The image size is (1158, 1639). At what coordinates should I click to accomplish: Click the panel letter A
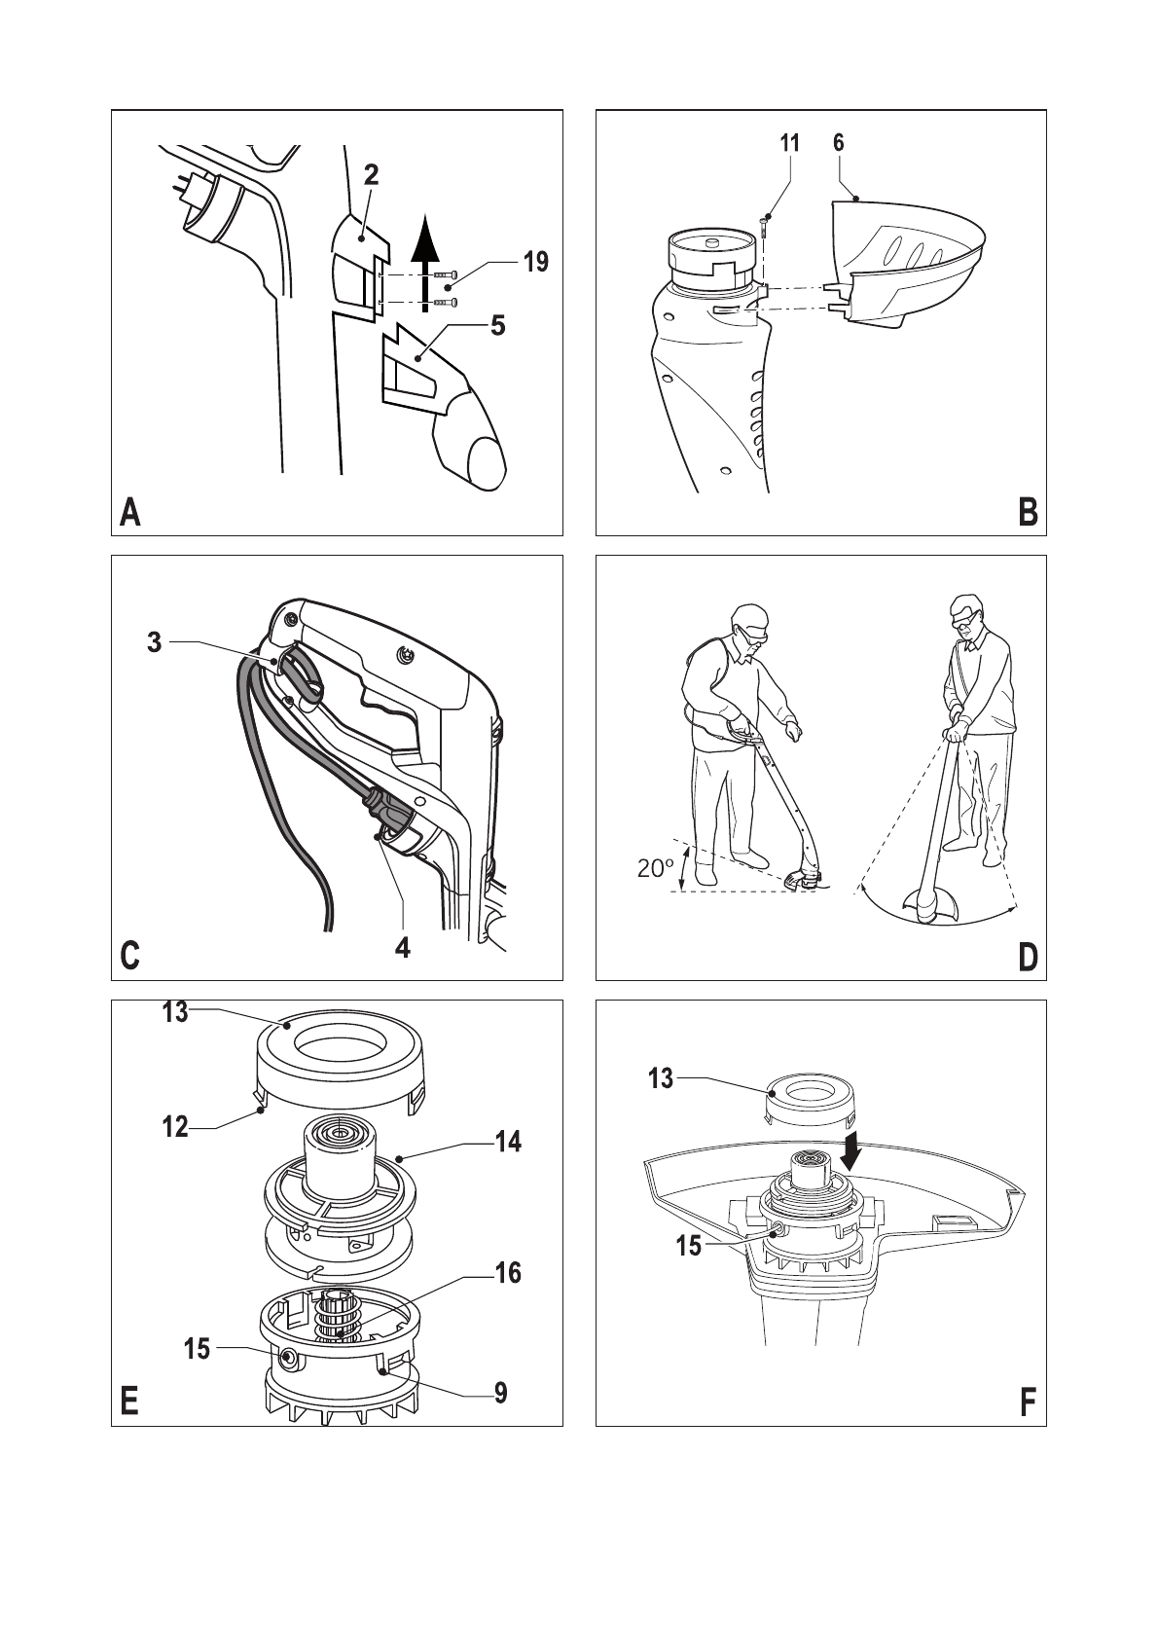(129, 512)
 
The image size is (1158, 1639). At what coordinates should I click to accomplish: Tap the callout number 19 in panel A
(535, 262)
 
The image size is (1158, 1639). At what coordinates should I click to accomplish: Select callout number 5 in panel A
(498, 325)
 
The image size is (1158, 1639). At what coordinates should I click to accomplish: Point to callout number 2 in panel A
(371, 175)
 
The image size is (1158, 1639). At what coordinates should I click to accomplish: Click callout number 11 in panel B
(789, 143)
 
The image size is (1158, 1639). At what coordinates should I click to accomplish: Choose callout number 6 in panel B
(838, 143)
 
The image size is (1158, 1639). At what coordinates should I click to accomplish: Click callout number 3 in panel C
(155, 642)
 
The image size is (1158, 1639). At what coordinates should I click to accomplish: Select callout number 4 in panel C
(403, 947)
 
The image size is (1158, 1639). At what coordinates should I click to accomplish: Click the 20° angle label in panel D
(656, 868)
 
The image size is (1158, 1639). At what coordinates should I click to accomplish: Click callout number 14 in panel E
(508, 1142)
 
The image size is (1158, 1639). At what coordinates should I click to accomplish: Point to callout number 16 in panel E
(508, 1273)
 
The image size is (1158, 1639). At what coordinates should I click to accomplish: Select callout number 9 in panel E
(500, 1394)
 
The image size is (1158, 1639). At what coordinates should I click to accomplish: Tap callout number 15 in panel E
(197, 1349)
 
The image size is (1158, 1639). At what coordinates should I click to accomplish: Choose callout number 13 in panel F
(661, 1078)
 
